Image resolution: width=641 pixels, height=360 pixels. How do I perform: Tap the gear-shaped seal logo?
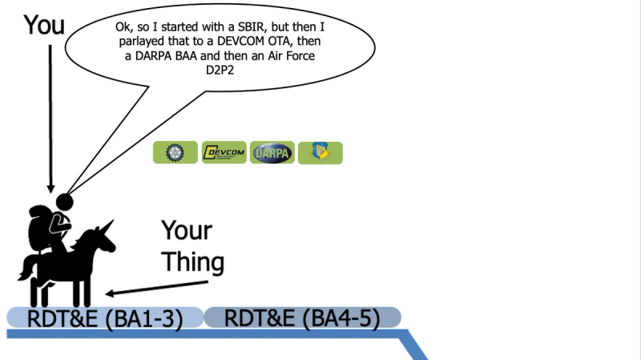pyautogui.click(x=175, y=152)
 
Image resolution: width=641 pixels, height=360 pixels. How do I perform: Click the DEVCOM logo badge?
pyautogui.click(x=224, y=152)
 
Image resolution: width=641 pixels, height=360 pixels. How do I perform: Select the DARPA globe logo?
pyautogui.click(x=272, y=152)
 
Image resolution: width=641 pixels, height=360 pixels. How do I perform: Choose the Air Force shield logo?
pyautogui.click(x=320, y=152)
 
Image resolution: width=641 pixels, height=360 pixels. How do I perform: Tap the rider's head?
pyautogui.click(x=63, y=202)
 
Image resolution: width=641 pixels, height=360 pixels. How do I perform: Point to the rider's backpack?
pyautogui.click(x=39, y=229)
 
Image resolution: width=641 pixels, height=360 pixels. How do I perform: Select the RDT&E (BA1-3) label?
pyautogui.click(x=105, y=318)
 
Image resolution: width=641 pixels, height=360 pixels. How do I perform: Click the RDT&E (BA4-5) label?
pyautogui.click(x=302, y=318)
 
